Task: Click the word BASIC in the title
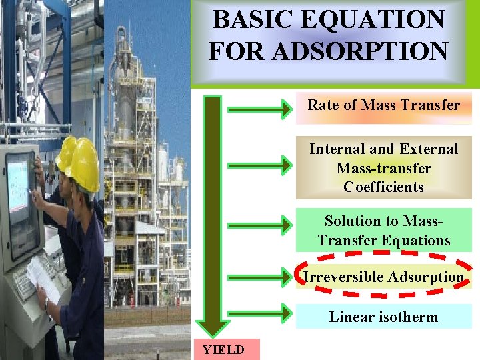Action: [251, 19]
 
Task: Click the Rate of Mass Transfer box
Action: [383, 106]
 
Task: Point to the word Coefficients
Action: [383, 187]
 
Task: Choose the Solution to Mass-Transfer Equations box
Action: [383, 231]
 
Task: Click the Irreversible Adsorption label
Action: [383, 277]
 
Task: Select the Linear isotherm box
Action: [383, 317]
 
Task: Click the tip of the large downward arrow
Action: [213, 331]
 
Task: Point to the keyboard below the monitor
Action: [27, 283]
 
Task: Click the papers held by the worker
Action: [43, 277]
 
